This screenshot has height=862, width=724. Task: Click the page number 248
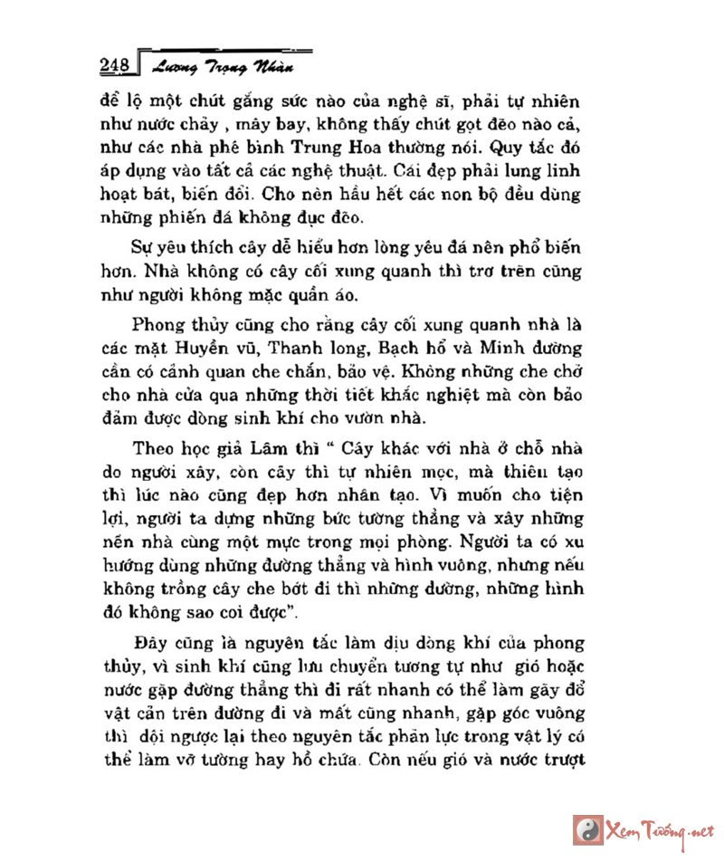[x=115, y=64]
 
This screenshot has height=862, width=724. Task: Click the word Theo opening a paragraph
[x=155, y=449]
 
